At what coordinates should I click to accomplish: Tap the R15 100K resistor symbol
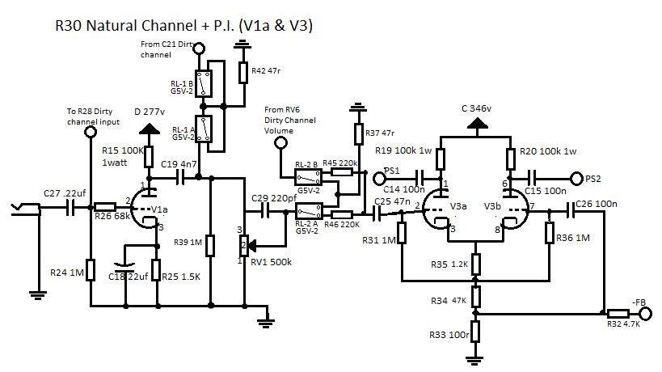[150, 155]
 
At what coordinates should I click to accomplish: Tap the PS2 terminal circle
[576, 178]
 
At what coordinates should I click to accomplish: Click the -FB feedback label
[641, 302]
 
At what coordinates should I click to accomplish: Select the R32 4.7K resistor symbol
[619, 312]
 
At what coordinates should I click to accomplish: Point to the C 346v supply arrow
[477, 124]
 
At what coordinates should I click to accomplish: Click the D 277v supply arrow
[149, 129]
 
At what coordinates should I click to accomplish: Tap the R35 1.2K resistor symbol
[476, 264]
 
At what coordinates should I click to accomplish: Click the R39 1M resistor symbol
[210, 245]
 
